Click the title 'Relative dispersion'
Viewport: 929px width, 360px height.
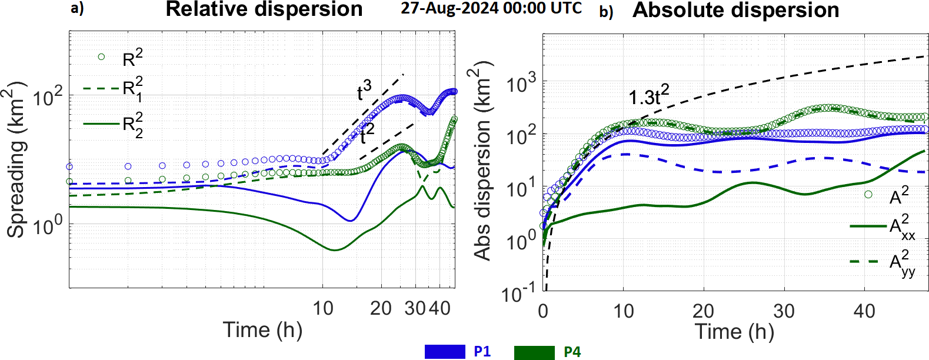(x=264, y=9)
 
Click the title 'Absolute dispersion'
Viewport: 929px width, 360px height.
(x=735, y=10)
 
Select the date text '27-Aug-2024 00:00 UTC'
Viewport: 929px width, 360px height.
(x=491, y=8)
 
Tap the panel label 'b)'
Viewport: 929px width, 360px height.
(x=606, y=11)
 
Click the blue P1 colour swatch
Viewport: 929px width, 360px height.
(x=445, y=352)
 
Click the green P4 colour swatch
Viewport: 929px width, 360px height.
(x=534, y=352)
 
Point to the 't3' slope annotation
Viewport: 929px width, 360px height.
(x=364, y=91)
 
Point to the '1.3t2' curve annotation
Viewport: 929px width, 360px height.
(x=648, y=95)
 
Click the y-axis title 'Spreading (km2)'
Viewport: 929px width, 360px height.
(x=16, y=159)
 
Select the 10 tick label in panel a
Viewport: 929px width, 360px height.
(x=322, y=308)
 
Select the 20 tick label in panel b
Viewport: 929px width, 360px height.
(x=703, y=311)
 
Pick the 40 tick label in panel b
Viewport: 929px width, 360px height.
(x=864, y=311)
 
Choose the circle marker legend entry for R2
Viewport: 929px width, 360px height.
(x=101, y=57)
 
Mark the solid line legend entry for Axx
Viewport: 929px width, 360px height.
(x=868, y=226)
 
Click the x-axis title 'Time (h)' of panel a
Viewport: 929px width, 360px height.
(x=262, y=330)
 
